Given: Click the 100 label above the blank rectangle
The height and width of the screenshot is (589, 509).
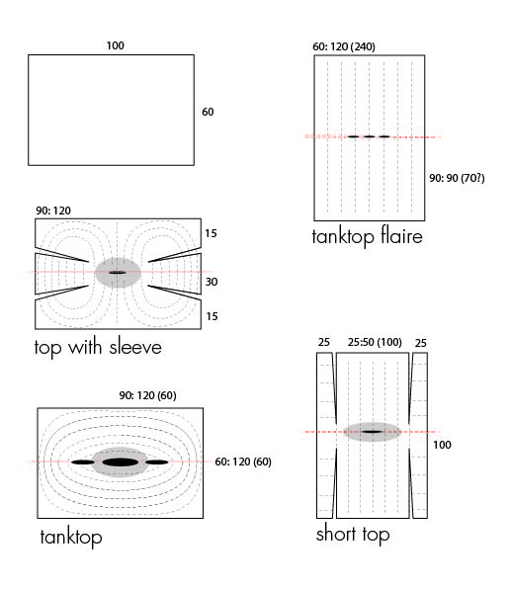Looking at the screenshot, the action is (115, 45).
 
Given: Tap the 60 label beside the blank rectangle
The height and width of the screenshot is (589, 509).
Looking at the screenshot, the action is (208, 112).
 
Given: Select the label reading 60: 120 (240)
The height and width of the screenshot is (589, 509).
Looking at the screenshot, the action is (344, 46).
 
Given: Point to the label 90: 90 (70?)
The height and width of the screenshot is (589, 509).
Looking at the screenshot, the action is (457, 178).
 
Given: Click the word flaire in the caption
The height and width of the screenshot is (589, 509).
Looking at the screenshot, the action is (401, 236).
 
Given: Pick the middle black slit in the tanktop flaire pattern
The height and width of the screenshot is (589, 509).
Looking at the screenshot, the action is (369, 136).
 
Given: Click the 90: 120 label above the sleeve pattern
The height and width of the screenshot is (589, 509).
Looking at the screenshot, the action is (53, 210).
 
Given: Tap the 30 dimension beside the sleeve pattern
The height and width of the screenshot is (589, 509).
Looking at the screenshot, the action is (212, 282).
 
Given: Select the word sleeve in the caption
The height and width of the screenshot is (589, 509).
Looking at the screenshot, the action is (135, 346).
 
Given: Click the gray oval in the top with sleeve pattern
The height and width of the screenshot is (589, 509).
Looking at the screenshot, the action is (118, 273).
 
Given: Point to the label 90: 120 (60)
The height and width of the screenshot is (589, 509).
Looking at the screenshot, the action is (147, 395).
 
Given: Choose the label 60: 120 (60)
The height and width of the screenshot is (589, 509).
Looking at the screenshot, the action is (243, 462).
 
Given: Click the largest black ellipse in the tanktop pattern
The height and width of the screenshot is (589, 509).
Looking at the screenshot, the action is (121, 463).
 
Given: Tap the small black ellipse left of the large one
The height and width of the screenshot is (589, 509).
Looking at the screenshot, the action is (83, 463).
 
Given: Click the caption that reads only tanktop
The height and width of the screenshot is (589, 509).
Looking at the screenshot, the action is (71, 538).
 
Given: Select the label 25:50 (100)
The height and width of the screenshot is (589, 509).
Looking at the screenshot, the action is (375, 342).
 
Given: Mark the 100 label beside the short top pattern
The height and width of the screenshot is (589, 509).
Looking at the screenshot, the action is (442, 445).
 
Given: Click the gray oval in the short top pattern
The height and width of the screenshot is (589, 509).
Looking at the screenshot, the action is (373, 432).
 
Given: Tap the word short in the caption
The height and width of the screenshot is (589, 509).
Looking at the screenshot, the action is (336, 534).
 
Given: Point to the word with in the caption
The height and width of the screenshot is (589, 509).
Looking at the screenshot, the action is (85, 346).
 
